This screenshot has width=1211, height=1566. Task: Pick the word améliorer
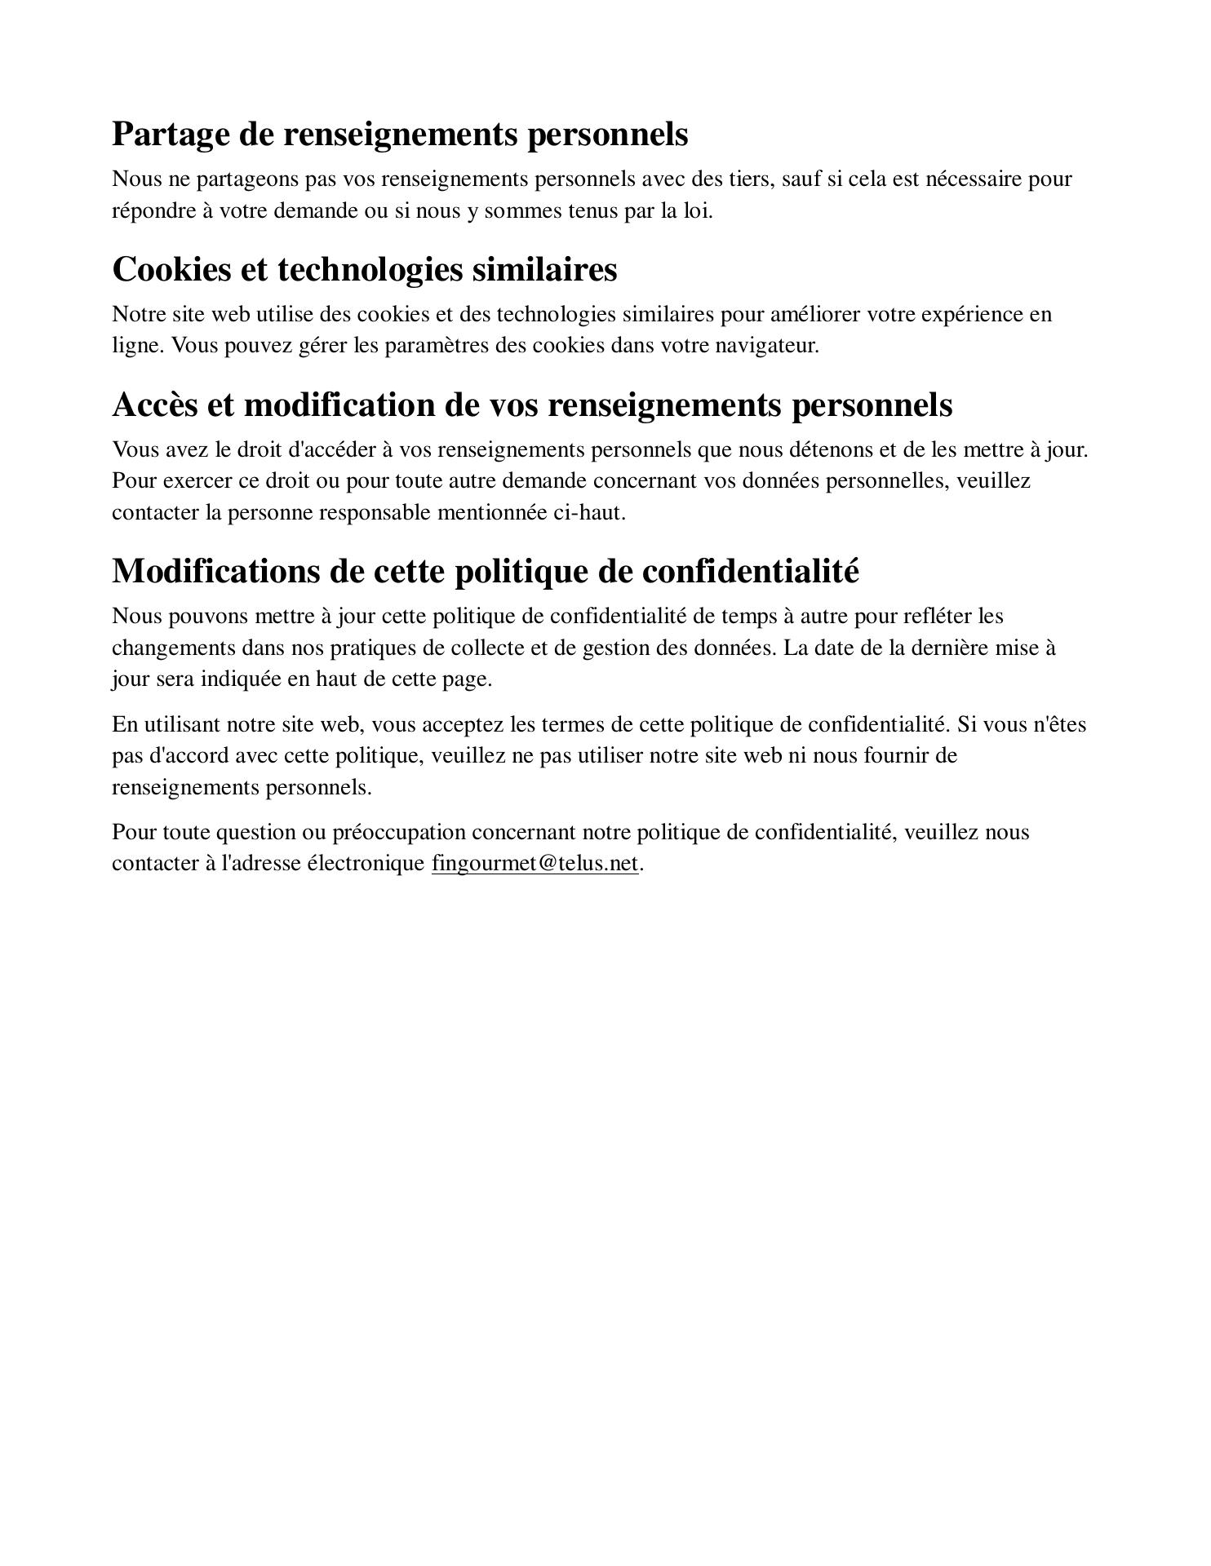(x=815, y=314)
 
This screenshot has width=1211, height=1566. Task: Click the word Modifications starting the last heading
(x=215, y=571)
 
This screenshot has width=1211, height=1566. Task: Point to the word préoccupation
(x=398, y=833)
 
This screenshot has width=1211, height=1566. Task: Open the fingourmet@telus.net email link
(x=535, y=864)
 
